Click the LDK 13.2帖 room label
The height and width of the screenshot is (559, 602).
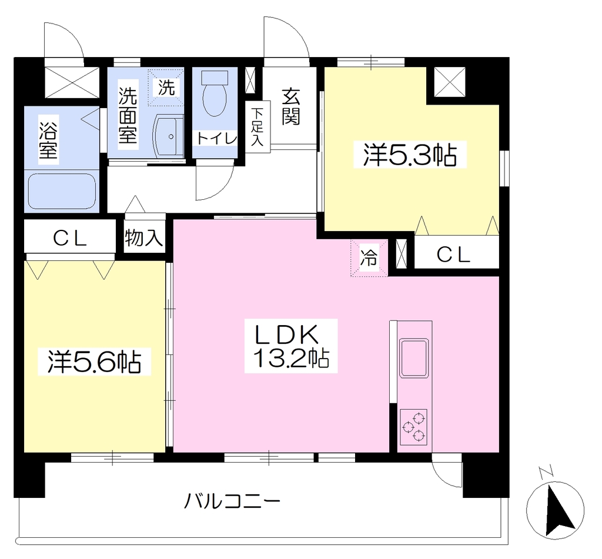[x=291, y=346]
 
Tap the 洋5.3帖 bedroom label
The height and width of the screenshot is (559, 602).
[x=410, y=155]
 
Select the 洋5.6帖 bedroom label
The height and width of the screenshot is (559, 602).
[x=94, y=361]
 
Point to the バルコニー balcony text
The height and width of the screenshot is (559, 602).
[x=232, y=501]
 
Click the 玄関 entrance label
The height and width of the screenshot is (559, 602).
[x=290, y=107]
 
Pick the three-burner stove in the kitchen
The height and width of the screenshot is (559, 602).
[x=413, y=427]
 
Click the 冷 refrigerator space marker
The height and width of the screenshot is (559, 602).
[x=369, y=257]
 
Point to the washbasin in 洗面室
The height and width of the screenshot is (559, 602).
[x=168, y=136]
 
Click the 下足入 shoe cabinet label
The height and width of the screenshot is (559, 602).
[x=257, y=127]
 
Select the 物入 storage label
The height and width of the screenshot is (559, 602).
[x=144, y=238]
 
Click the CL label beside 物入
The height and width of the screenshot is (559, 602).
[x=70, y=239]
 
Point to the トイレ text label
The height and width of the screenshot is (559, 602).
[x=216, y=138]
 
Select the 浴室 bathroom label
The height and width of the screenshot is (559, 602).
[x=48, y=140]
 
